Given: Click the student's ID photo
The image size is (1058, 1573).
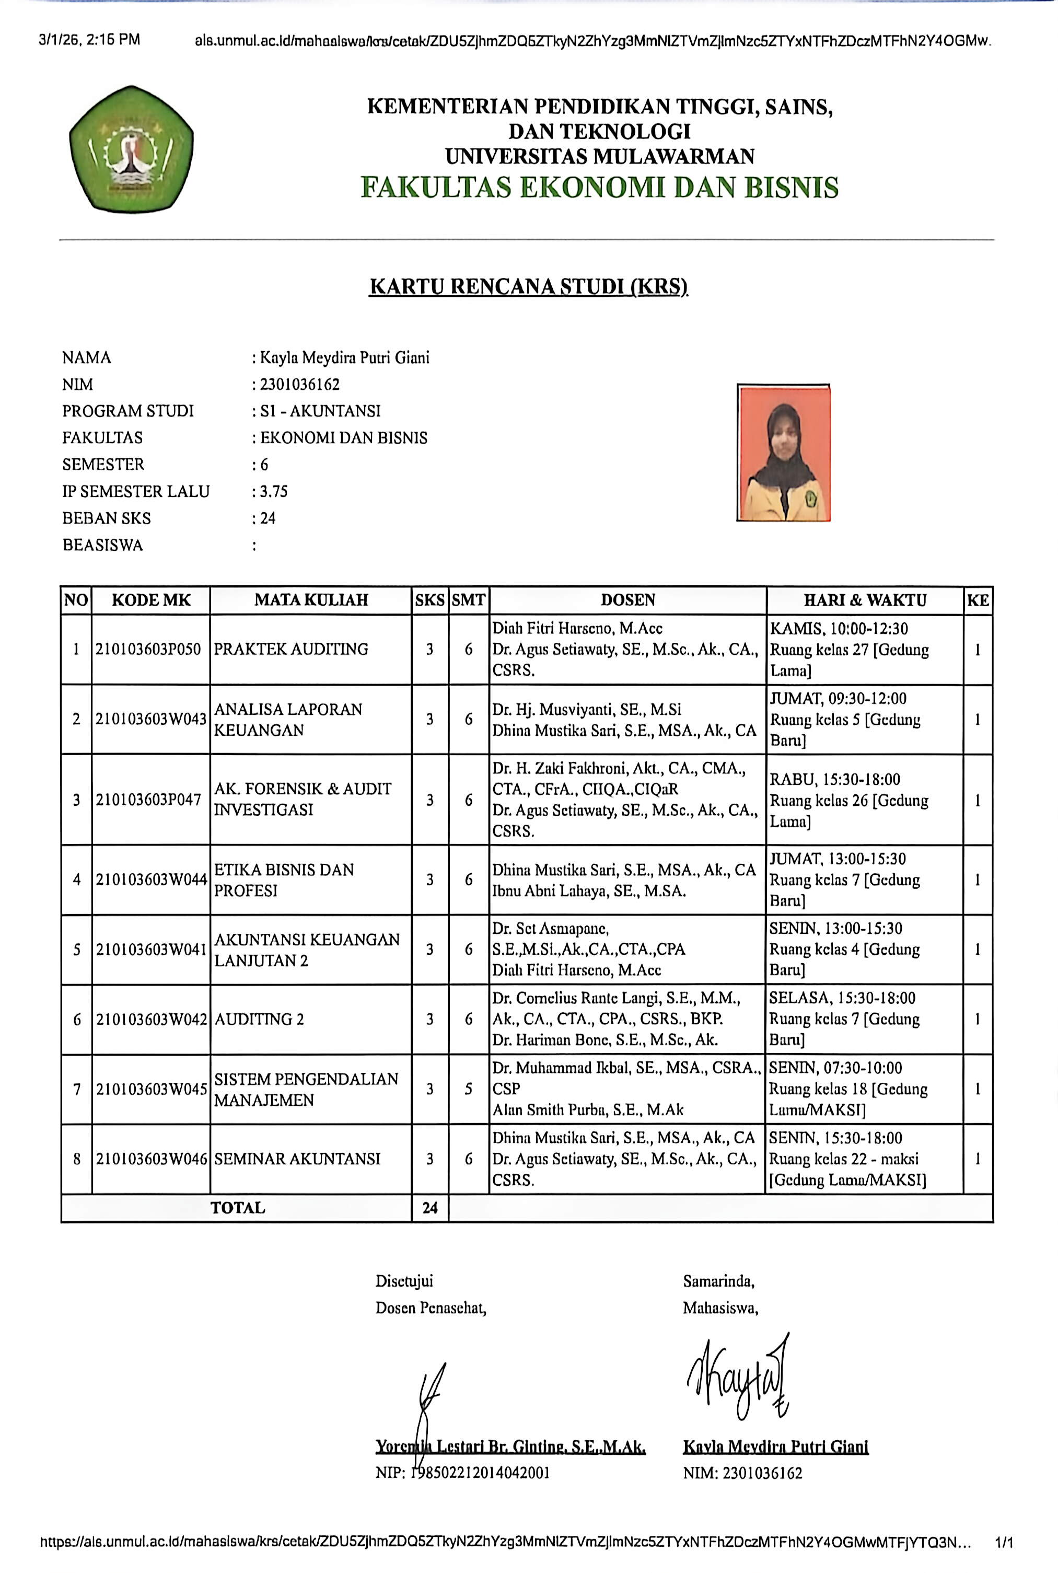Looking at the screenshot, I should point(783,453).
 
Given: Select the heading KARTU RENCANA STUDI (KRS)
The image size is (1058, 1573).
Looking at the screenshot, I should point(528,287).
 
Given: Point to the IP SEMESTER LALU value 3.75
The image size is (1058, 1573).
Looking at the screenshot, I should point(274,491).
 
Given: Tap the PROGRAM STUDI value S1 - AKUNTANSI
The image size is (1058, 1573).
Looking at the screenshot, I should point(320,411).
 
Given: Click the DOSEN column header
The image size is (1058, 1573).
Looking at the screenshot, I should point(627,600).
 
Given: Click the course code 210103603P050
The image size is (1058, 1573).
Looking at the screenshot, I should point(148,649).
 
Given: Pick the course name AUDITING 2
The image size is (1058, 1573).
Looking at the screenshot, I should point(259,1019).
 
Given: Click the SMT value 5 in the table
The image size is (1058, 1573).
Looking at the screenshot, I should point(468,1089).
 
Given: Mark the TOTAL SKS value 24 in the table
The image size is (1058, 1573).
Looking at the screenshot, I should point(430,1208).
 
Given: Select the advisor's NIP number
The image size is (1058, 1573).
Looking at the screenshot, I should point(479,1473).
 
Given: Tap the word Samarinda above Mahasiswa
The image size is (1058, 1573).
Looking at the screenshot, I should point(718,1281).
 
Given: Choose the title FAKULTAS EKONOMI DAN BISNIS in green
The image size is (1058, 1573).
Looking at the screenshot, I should point(599,187).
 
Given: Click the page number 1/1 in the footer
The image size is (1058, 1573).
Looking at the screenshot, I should point(1004,1542).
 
